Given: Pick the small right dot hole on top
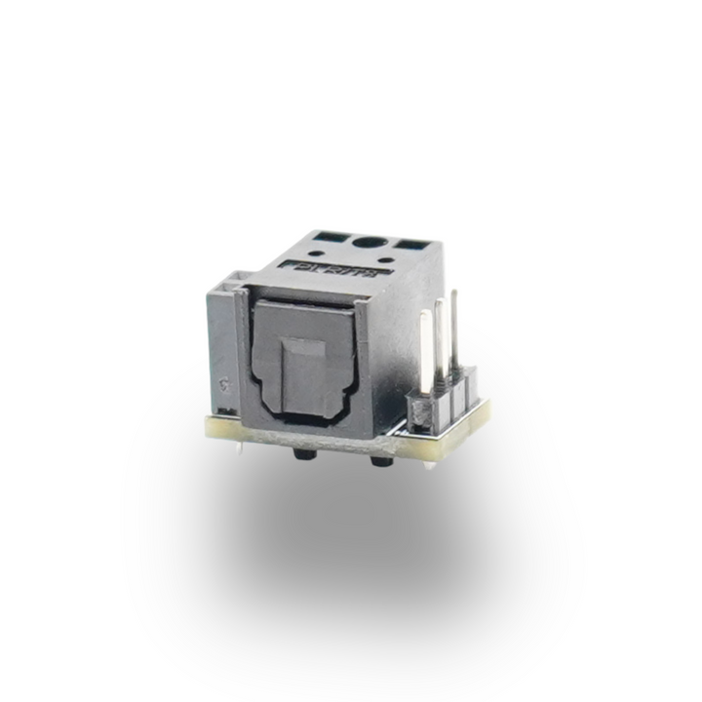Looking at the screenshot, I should tap(389, 260).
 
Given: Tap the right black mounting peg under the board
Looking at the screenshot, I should tap(375, 458).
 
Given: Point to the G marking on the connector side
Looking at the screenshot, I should tap(225, 383).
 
